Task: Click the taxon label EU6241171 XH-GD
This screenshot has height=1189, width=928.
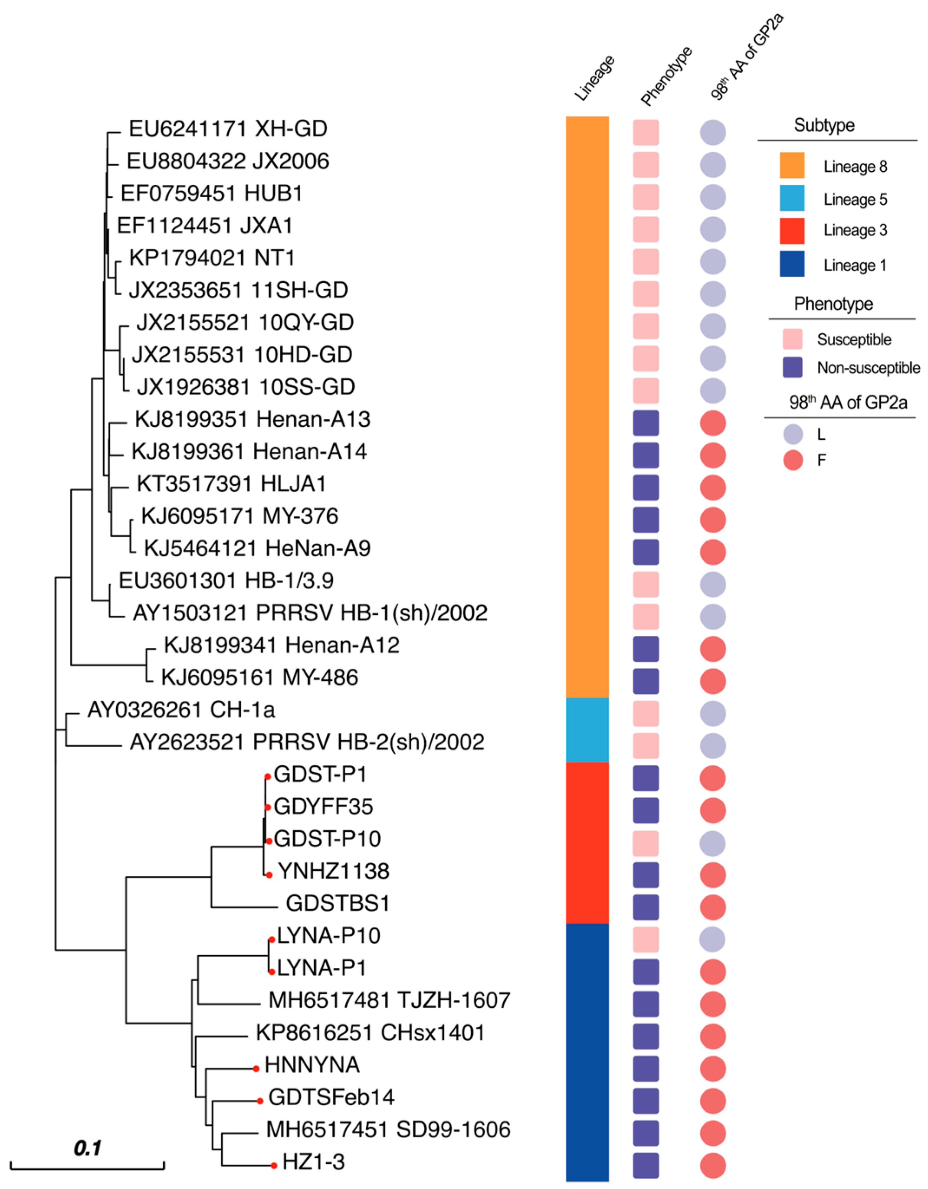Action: (x=228, y=129)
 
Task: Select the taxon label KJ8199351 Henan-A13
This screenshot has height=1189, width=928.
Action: (x=252, y=420)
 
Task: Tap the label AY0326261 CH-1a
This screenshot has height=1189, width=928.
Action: (x=181, y=710)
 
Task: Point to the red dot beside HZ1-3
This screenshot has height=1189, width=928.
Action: (x=274, y=1166)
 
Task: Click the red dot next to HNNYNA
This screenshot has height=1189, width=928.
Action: (x=256, y=1069)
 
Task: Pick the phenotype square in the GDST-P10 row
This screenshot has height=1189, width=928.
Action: (x=646, y=843)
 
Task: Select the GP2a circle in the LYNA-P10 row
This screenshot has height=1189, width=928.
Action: (x=712, y=940)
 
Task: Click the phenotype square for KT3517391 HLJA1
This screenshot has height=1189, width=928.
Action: (x=646, y=488)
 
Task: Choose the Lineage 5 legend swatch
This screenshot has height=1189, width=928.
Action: (x=792, y=199)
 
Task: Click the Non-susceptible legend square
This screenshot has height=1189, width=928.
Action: (x=792, y=367)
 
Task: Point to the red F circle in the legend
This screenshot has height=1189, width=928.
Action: (x=793, y=461)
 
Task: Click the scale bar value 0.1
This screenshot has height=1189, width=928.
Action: (x=87, y=1148)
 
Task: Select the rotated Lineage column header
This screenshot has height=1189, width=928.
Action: (x=595, y=78)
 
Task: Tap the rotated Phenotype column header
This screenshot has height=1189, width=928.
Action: (x=666, y=76)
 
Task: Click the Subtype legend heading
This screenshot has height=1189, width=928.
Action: (x=824, y=125)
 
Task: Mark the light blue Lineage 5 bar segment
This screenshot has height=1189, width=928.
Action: (x=587, y=729)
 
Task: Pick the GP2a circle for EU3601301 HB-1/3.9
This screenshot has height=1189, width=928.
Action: (x=712, y=585)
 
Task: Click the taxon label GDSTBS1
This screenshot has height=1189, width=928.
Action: (x=338, y=904)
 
